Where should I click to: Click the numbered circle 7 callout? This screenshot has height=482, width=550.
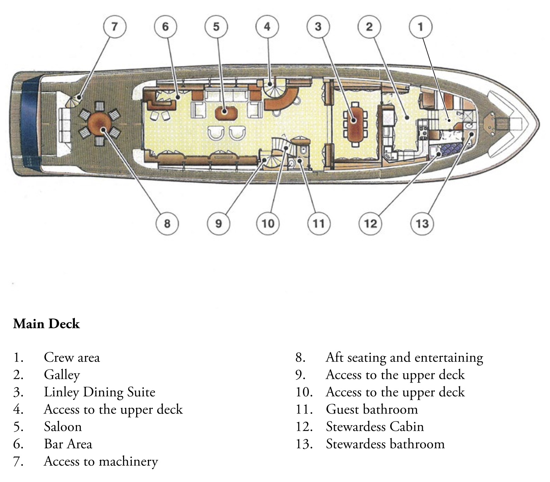pyautogui.click(x=115, y=27)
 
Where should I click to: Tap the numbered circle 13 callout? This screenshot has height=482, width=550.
pyautogui.click(x=422, y=224)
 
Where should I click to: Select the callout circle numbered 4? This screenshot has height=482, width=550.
pyautogui.click(x=267, y=27)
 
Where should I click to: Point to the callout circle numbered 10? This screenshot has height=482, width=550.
pyautogui.click(x=268, y=224)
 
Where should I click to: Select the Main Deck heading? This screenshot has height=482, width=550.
pyautogui.click(x=46, y=324)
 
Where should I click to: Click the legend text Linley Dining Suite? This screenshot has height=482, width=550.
pyautogui.click(x=99, y=392)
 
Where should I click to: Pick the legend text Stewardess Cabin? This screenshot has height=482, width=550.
pyautogui.click(x=375, y=427)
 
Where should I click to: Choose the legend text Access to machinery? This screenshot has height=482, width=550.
pyautogui.click(x=101, y=462)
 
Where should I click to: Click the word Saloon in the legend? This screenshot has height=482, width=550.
pyautogui.click(x=63, y=427)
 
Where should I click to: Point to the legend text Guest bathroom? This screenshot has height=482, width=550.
pyautogui.click(x=372, y=409)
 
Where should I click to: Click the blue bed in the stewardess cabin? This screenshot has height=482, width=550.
pyautogui.click(x=451, y=149)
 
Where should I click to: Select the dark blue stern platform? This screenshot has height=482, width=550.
pyautogui.click(x=29, y=124)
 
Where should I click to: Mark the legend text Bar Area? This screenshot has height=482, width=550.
pyautogui.click(x=68, y=444)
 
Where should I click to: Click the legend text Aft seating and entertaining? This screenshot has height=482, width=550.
pyautogui.click(x=404, y=358)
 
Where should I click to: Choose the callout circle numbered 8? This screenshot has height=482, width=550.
pyautogui.click(x=167, y=224)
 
